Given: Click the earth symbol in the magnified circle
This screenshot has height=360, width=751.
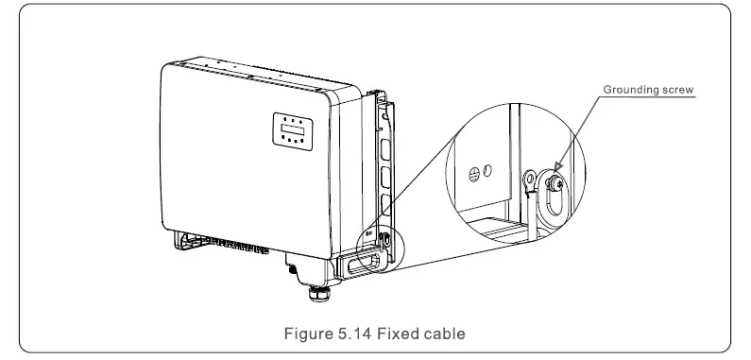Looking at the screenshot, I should tap(473, 174).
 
